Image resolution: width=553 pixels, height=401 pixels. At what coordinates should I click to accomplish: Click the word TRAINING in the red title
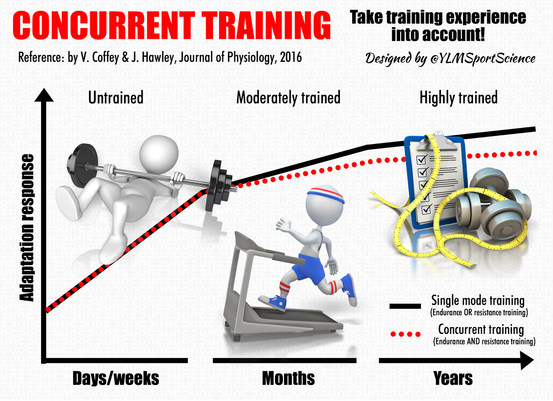266,26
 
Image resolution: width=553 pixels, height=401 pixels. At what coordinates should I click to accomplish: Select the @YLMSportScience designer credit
482,58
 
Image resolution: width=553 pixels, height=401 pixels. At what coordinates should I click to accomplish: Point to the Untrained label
116,98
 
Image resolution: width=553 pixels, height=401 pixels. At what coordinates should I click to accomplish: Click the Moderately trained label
288,98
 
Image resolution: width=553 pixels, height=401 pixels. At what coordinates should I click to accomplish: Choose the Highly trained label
458,98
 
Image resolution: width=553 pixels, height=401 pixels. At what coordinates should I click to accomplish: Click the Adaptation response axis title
27,227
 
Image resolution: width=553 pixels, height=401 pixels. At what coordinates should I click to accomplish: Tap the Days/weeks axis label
116,378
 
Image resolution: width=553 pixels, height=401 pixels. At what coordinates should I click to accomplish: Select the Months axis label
288,378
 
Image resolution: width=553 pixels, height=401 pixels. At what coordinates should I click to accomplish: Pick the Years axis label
453,378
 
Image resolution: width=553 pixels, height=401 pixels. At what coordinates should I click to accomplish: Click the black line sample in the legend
405,306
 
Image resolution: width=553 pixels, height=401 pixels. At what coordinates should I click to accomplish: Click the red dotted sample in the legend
405,334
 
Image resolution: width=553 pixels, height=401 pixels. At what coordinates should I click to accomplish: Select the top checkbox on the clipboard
422,160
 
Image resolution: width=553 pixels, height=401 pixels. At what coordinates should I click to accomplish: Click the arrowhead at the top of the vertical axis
44,95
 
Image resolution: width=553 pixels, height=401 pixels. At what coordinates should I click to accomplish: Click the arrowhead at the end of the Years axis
527,361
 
